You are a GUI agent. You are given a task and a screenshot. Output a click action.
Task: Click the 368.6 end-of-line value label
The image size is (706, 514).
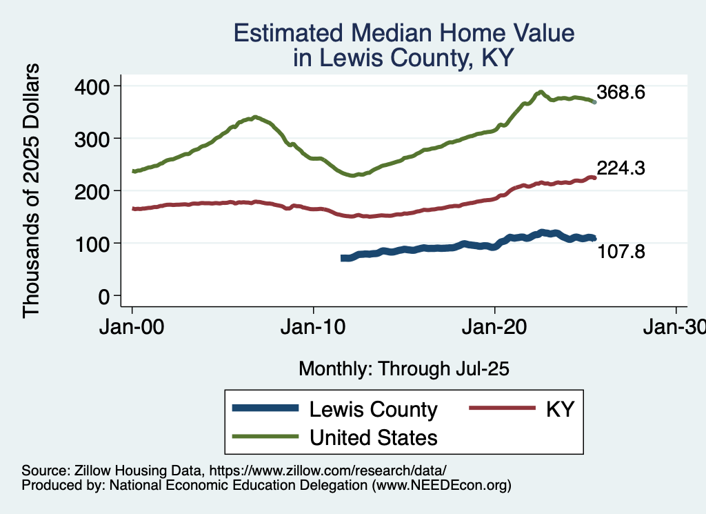coord(621,92)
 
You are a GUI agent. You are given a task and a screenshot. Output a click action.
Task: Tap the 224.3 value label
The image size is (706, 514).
coord(621,168)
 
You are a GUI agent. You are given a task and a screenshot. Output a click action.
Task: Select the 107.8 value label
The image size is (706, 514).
coord(621,253)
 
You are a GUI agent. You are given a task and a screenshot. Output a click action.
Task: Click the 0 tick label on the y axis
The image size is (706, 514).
coord(103,295)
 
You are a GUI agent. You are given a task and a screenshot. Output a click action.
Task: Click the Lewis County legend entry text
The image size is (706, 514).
coord(373,410)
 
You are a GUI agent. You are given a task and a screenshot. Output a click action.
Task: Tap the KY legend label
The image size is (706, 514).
coord(560,410)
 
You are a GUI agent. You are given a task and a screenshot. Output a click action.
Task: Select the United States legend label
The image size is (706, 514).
coord(373,437)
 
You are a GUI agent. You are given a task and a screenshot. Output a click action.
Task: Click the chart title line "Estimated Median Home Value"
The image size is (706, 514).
coord(404,33)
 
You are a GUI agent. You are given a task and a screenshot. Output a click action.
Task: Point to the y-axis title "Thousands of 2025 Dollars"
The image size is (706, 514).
coord(32,190)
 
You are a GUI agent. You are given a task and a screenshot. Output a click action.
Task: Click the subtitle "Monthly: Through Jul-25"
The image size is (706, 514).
coord(403,369)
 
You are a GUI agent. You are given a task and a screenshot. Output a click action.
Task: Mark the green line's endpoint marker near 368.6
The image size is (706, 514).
coord(594,102)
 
